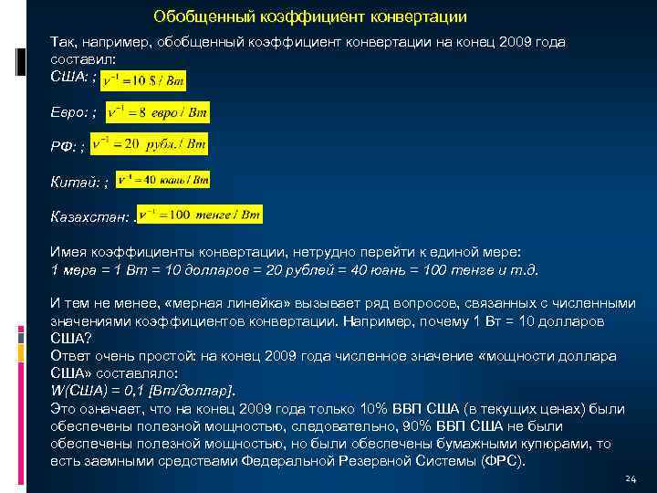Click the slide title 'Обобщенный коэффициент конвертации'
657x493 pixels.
point(310,16)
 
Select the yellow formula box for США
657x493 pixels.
point(142,81)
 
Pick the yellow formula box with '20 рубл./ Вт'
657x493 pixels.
point(154,144)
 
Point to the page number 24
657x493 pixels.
point(630,479)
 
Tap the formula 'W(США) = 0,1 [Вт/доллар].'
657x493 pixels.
point(143,390)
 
